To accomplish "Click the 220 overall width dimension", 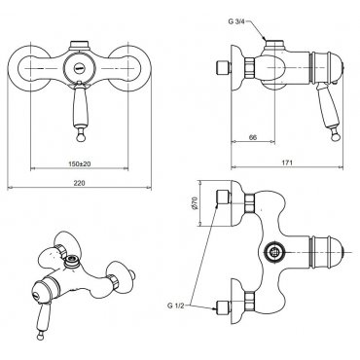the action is [79, 183].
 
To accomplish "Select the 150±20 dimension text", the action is [79, 164].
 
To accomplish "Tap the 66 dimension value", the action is [253, 137].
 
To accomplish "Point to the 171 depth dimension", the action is [287, 162].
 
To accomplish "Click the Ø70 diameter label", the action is [195, 203].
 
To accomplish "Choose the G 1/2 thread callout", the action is [176, 306].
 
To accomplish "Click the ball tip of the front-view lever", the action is [80, 137].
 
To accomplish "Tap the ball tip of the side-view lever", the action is [335, 136].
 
